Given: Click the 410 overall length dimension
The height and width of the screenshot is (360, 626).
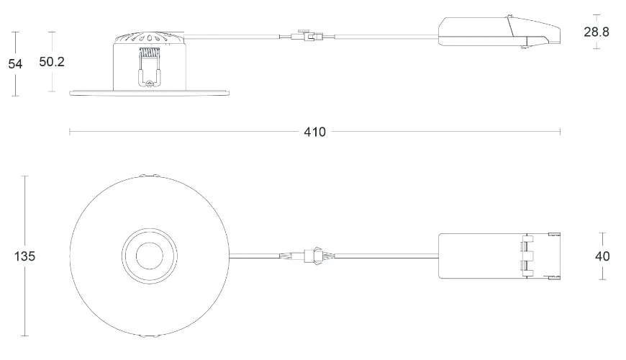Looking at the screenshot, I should (314, 132).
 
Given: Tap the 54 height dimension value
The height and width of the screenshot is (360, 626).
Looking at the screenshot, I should (15, 63).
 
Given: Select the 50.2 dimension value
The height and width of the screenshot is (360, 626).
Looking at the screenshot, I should (52, 62).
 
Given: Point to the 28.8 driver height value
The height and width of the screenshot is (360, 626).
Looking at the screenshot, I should (596, 32).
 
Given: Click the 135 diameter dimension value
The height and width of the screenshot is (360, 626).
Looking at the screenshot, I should (24, 256).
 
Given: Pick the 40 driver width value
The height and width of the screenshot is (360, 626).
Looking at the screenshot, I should (602, 256).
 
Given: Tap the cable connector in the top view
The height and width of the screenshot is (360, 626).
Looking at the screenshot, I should (311, 255).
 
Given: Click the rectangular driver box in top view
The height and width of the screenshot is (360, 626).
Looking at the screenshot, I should (478, 256).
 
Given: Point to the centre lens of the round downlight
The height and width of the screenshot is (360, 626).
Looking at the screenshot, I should (150, 256).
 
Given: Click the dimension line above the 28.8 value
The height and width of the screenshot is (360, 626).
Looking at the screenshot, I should (596, 19).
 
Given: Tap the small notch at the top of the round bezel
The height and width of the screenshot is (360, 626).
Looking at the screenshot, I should (150, 176).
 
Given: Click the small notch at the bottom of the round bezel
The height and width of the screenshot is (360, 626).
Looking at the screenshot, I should (150, 336).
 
